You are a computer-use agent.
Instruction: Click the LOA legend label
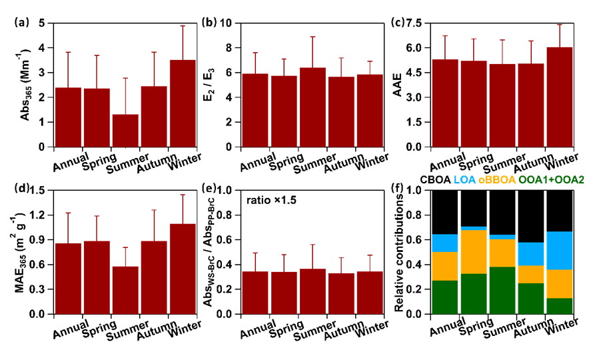(x=464, y=180)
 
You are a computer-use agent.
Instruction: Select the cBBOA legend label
(x=496, y=180)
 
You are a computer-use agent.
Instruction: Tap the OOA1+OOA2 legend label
(x=551, y=180)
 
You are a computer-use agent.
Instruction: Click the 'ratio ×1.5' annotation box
(x=271, y=200)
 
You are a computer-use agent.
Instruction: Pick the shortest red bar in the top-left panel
(x=125, y=131)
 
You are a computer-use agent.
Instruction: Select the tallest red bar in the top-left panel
(x=183, y=103)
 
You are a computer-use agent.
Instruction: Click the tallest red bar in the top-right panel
(x=560, y=97)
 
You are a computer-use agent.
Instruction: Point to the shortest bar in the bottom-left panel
(x=125, y=290)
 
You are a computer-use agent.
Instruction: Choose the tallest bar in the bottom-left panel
(x=183, y=269)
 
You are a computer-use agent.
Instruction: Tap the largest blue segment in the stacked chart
(x=560, y=251)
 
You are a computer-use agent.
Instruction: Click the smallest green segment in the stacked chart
(x=560, y=306)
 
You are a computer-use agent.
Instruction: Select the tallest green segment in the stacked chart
(x=502, y=290)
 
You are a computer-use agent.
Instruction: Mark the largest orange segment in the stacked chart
(x=474, y=252)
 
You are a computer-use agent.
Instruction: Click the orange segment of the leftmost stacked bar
(x=445, y=266)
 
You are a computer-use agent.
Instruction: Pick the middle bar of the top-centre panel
(x=312, y=107)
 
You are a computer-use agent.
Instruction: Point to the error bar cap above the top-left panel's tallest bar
(x=183, y=26)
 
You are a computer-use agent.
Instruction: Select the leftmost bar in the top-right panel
(x=445, y=103)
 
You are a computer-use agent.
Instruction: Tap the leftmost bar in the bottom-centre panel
(x=255, y=293)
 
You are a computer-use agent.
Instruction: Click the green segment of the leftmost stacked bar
(x=445, y=297)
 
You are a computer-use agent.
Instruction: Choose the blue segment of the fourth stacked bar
(x=531, y=254)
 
